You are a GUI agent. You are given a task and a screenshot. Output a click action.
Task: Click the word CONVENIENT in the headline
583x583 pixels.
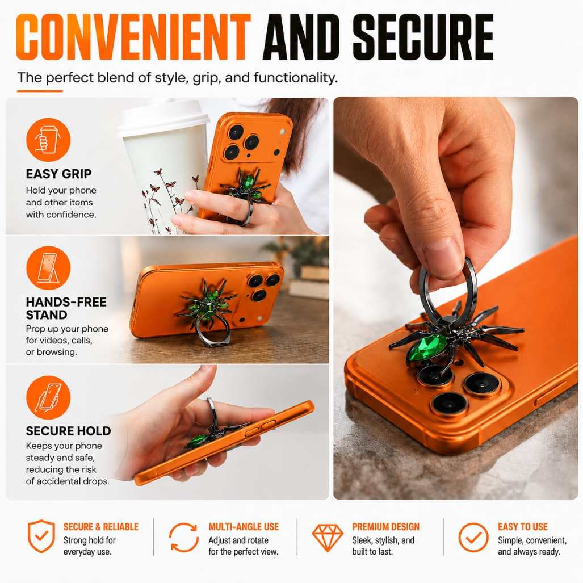[133, 37]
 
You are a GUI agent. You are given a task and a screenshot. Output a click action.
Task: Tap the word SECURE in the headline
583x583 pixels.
[423, 37]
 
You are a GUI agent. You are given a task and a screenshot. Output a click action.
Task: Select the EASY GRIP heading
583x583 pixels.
[58, 174]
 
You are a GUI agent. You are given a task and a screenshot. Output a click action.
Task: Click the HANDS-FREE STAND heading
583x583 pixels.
[66, 308]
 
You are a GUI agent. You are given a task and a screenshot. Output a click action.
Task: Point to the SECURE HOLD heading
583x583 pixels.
[69, 430]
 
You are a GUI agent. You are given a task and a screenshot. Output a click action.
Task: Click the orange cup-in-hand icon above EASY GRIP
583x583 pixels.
[48, 140]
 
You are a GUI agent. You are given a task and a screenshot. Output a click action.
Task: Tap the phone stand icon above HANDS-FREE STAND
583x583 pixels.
[48, 268]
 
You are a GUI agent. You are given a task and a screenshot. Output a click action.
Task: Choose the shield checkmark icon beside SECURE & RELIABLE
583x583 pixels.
[41, 536]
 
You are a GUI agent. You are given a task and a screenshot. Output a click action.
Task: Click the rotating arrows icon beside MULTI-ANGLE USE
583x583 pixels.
[183, 537]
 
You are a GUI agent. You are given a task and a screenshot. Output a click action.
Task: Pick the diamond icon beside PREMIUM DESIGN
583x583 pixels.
[327, 538]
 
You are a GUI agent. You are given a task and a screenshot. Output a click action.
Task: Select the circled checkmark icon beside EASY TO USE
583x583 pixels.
[473, 537]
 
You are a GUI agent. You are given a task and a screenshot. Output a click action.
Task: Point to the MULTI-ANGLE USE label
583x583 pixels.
[244, 526]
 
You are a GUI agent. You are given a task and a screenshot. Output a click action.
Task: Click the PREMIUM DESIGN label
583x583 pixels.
[385, 526]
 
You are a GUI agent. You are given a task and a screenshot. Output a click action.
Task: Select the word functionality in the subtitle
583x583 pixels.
[296, 78]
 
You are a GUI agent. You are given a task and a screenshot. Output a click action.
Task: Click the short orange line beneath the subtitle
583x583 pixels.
[40, 91]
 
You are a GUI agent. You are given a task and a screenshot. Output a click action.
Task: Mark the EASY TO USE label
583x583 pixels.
[523, 526]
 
